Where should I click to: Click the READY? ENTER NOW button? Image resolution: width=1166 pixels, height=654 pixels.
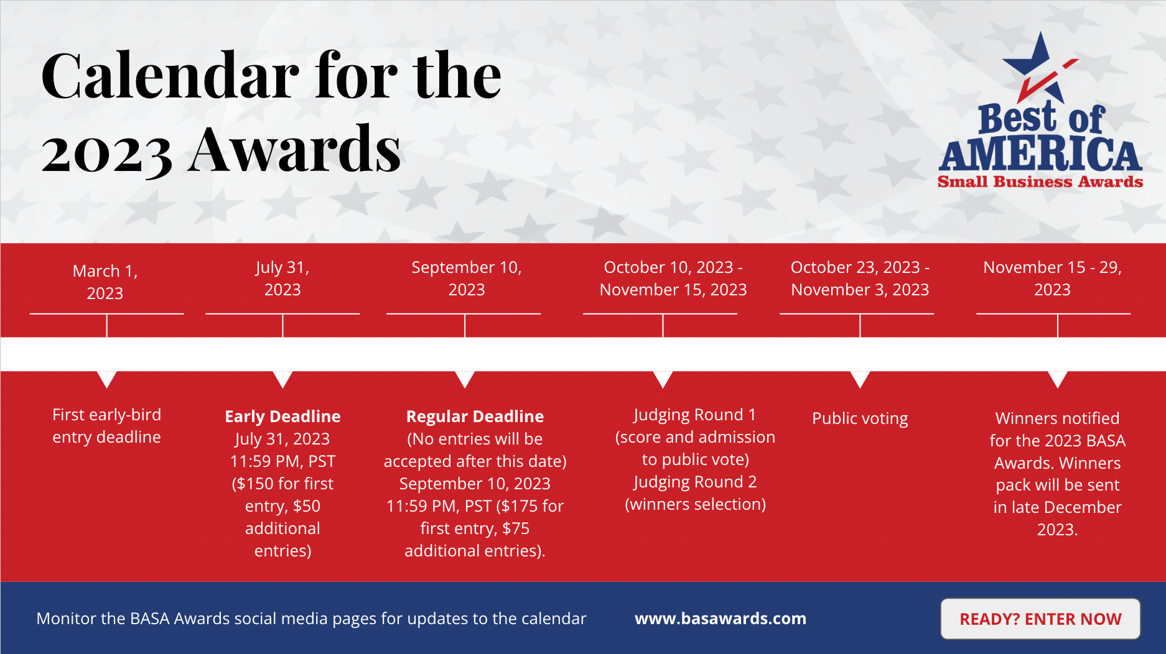tap(1040, 619)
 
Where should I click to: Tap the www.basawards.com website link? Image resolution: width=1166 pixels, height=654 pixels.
tap(721, 619)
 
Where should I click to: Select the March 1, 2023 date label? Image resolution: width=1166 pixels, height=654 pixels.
tap(105, 282)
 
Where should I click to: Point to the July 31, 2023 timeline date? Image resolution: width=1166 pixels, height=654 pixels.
tap(282, 279)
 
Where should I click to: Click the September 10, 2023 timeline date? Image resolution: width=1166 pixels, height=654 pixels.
tap(467, 279)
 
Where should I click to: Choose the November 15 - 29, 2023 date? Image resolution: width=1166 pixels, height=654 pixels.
tap(1052, 279)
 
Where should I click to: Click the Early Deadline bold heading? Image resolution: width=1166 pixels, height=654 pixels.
tap(282, 417)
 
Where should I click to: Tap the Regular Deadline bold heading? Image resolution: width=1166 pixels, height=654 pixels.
tap(475, 417)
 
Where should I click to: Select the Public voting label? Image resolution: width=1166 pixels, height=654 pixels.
tap(860, 418)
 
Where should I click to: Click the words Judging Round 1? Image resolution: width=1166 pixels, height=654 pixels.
tap(694, 415)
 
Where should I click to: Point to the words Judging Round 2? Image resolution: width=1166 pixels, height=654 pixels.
tap(695, 482)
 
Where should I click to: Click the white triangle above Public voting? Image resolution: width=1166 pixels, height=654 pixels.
tap(860, 379)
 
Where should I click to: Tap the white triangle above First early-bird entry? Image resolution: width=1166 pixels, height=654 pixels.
tap(107, 379)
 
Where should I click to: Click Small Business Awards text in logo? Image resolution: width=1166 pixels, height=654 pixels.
tap(1040, 182)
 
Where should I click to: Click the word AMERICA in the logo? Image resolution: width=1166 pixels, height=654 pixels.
tap(1040, 154)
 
